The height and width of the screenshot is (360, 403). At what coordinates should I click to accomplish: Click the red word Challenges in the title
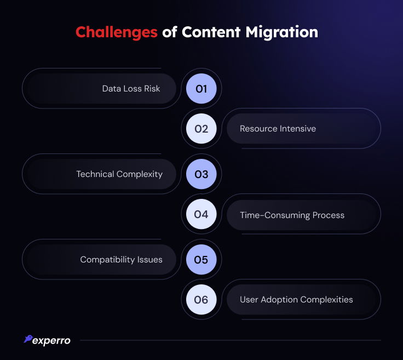(117, 33)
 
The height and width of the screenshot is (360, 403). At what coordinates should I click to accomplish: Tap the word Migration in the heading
(281, 33)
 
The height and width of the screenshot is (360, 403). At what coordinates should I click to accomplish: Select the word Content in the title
(211, 32)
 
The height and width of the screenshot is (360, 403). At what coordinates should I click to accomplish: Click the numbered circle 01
(201, 89)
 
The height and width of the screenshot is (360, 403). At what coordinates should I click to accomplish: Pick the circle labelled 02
(201, 129)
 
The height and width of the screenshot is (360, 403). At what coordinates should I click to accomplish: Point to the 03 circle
(201, 174)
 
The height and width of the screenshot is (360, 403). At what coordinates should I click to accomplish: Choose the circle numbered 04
(201, 214)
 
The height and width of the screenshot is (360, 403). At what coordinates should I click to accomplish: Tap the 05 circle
(201, 260)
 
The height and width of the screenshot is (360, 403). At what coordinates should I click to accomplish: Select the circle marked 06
(201, 300)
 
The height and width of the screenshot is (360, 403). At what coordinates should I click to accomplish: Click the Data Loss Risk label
(131, 89)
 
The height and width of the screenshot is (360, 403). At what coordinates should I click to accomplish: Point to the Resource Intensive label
(278, 129)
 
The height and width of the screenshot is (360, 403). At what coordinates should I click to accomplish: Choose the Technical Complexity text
(119, 174)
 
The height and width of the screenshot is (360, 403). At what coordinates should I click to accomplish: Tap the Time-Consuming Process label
(292, 215)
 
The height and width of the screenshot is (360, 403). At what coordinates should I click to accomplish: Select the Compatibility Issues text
(122, 260)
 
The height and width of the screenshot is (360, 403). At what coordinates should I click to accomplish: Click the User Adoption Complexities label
(296, 300)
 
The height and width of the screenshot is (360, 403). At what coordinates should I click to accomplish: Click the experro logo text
(51, 341)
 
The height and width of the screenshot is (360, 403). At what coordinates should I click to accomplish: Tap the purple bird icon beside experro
(28, 339)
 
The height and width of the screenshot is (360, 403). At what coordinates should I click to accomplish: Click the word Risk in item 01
(152, 89)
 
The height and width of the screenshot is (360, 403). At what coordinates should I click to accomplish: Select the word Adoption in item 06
(279, 300)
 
